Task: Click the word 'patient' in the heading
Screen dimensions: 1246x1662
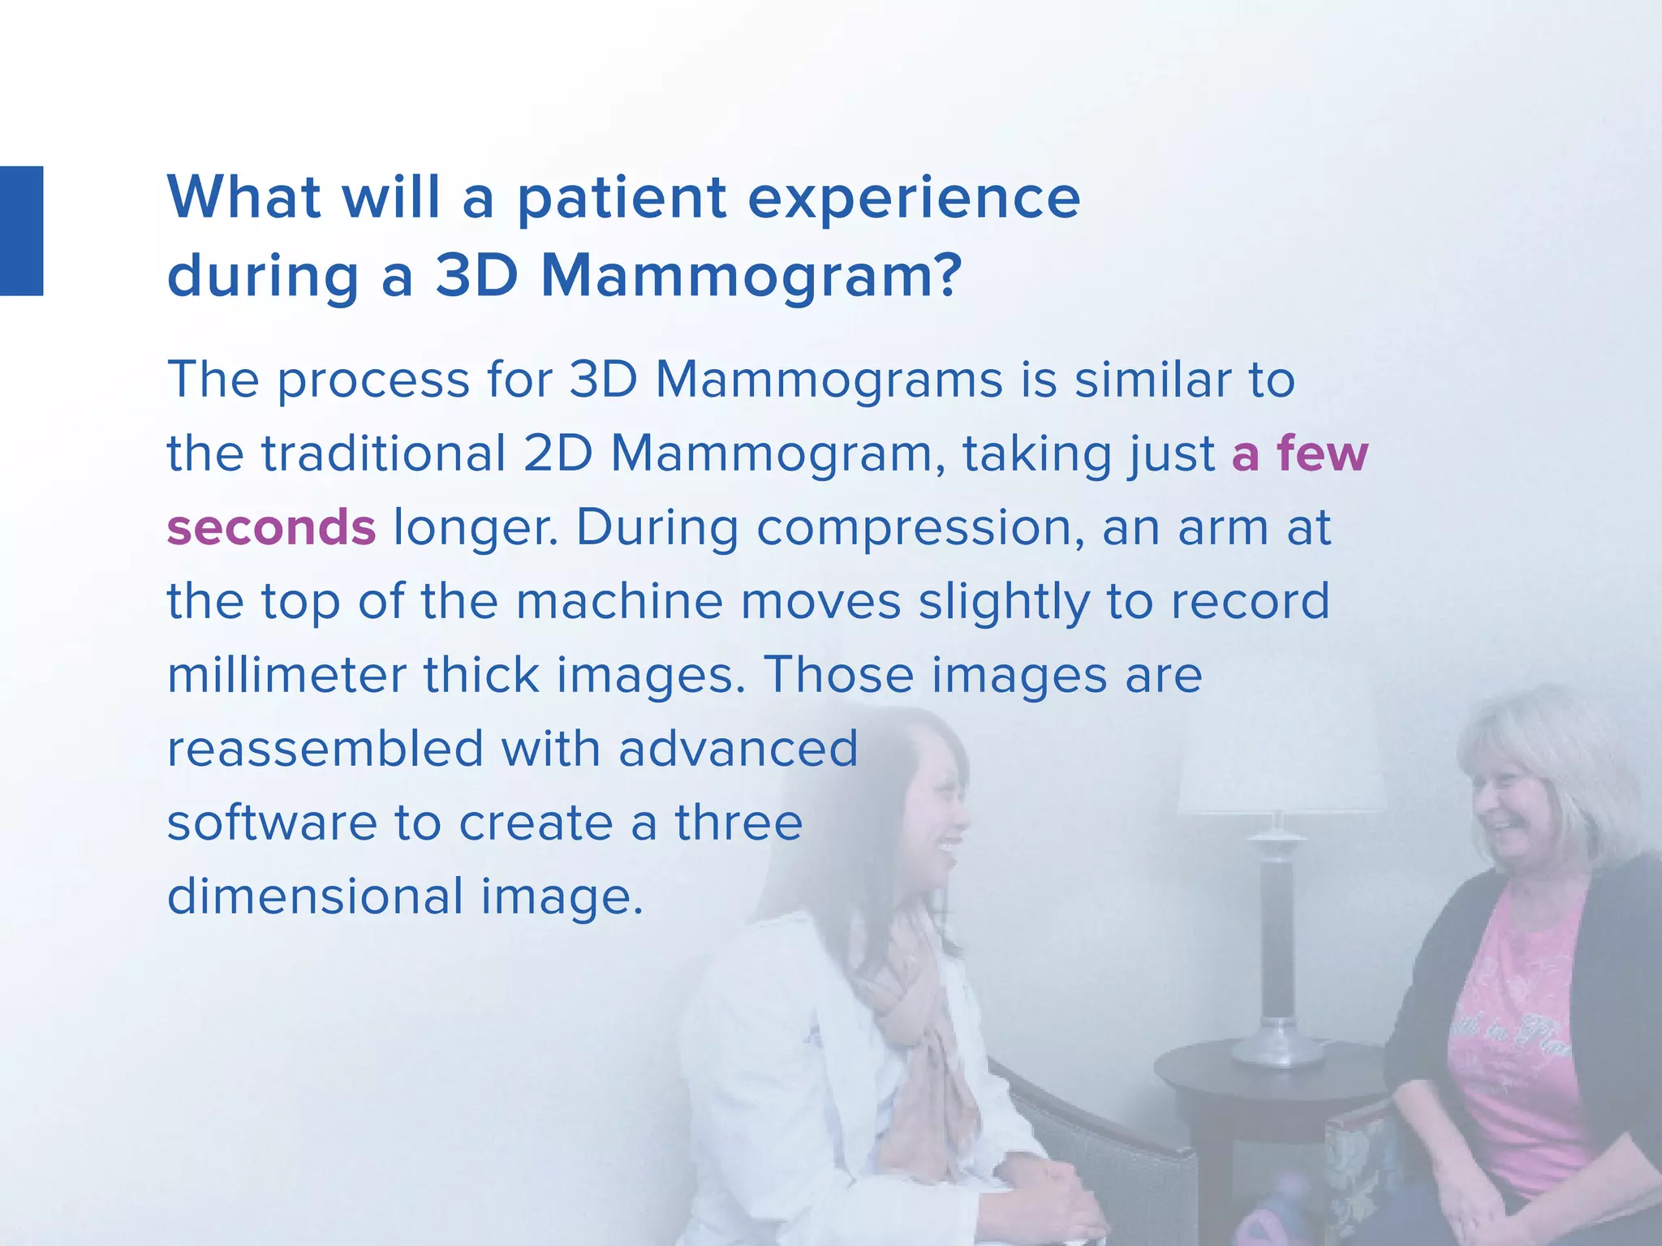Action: tap(621, 199)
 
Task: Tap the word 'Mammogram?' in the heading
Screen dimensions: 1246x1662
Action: tap(751, 276)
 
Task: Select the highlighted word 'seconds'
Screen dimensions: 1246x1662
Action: tap(271, 527)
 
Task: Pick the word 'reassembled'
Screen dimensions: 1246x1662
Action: tap(325, 748)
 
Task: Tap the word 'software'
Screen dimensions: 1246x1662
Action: tap(272, 823)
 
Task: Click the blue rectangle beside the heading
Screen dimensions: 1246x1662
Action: tap(21, 231)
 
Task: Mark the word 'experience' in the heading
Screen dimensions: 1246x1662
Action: tap(913, 199)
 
